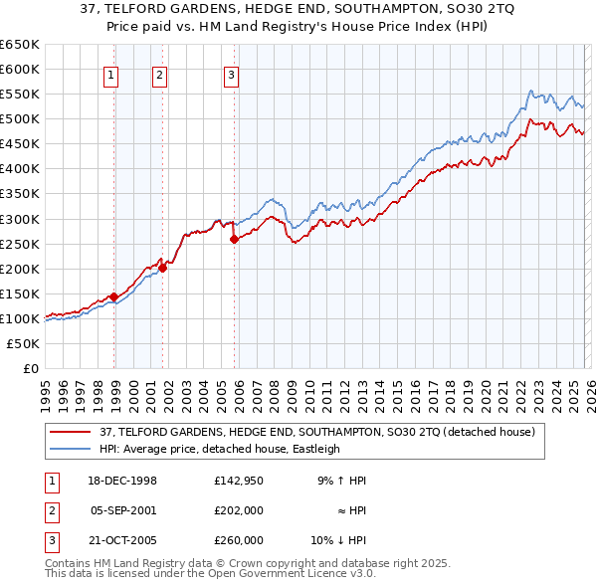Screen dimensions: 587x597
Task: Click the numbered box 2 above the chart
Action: tap(159, 73)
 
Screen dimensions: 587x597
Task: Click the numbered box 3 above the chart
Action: tap(231, 73)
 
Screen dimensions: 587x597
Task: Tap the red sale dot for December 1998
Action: tap(114, 296)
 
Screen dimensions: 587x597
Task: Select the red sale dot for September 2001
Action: tap(162, 267)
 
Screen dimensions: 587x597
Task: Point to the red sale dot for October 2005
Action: tap(234, 239)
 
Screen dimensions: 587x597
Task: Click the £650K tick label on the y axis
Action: tap(20, 45)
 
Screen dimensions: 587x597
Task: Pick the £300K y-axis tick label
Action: tap(20, 219)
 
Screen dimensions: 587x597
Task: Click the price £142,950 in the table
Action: tap(238, 481)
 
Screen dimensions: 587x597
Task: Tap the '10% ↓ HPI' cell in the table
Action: tap(338, 540)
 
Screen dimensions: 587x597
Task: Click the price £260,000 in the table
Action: tap(238, 540)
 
